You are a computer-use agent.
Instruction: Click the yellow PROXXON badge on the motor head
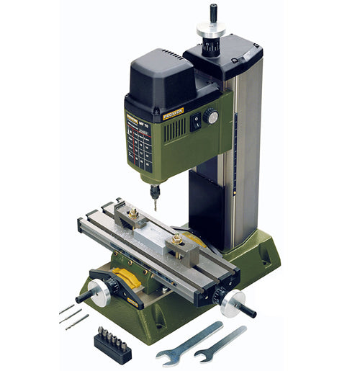[173, 112]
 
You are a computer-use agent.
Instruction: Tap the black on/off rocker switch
[194, 123]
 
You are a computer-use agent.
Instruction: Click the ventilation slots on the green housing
[175, 130]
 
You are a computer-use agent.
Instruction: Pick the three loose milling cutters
[73, 315]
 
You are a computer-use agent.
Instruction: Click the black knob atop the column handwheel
[212, 12]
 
